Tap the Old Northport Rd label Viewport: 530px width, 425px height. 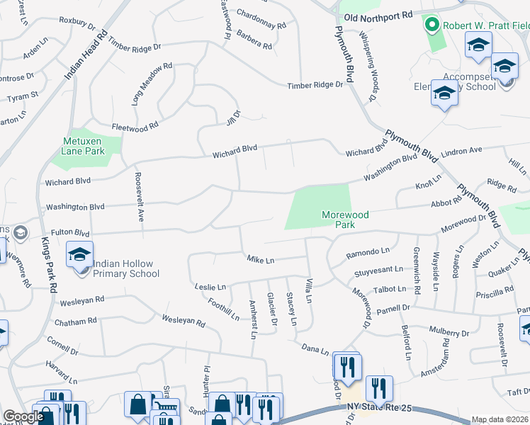(372, 15)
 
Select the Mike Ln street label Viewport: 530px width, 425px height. (260, 260)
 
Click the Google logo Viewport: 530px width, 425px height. (23, 417)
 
